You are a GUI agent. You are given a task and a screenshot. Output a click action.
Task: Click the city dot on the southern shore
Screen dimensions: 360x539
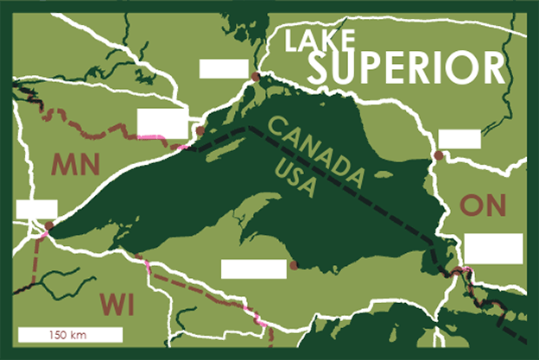coord(295,266)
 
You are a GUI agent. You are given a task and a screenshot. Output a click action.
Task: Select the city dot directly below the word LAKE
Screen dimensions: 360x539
coord(256,78)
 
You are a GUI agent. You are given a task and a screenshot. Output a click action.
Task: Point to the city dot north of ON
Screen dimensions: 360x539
coord(439,155)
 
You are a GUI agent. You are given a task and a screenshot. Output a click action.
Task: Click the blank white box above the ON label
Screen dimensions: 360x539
coord(460,138)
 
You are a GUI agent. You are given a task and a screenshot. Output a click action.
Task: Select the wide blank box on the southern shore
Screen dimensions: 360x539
coord(253,268)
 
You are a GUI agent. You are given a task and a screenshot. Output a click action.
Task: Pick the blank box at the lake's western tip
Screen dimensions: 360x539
coord(36,209)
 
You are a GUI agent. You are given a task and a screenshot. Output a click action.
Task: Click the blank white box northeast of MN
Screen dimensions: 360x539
coord(162,123)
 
